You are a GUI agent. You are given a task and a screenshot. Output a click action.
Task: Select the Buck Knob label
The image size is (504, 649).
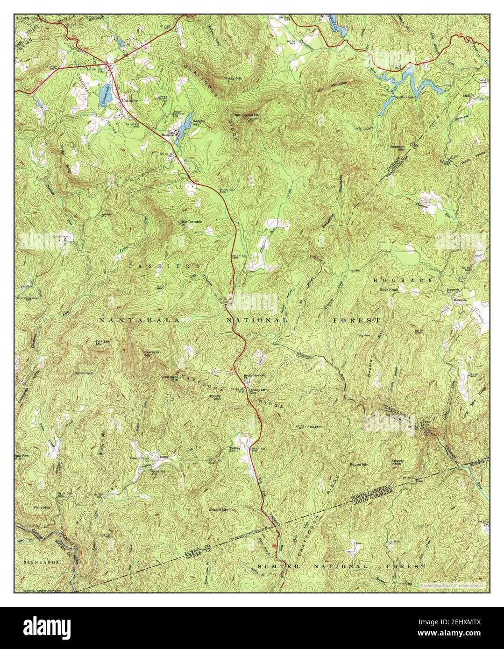(388, 289)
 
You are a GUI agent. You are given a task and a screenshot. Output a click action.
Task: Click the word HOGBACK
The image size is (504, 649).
(403, 280)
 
